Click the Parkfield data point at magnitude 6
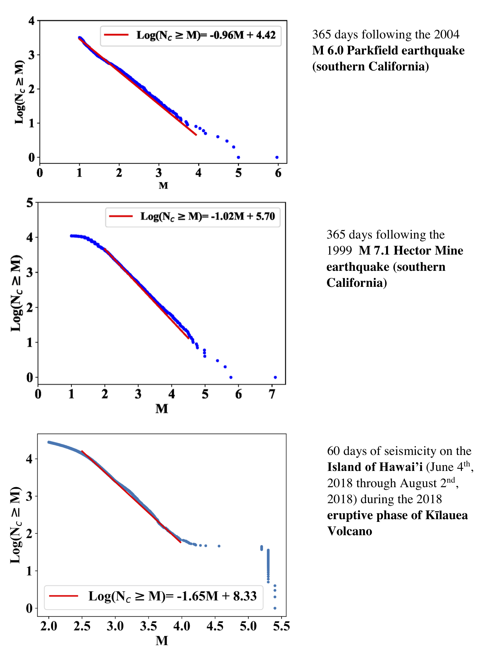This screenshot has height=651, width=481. (x=277, y=157)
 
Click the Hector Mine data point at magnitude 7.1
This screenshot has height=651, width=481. (x=275, y=377)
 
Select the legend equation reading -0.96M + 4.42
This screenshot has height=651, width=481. (x=206, y=35)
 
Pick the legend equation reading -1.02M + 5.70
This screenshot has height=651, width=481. (x=208, y=216)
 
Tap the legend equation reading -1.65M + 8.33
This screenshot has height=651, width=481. (x=173, y=596)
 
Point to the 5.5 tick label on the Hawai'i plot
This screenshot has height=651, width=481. (x=281, y=626)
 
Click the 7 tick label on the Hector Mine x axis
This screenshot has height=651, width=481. (x=272, y=394)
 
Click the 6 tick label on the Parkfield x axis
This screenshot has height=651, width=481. (x=278, y=173)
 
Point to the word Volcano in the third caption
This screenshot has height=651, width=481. (x=349, y=531)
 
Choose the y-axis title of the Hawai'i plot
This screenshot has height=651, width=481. (x=16, y=525)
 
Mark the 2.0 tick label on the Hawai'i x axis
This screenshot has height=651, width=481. (x=49, y=626)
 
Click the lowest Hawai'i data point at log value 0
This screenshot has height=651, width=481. (x=275, y=608)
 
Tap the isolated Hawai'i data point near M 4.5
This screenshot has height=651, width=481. (x=219, y=546)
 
